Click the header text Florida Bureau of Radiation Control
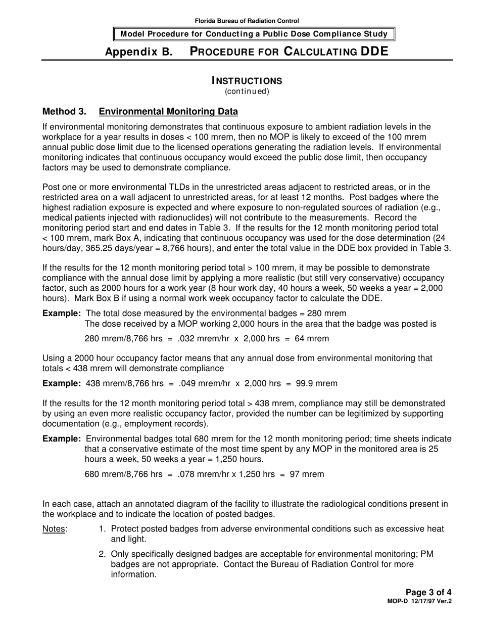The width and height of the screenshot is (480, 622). [x=247, y=21]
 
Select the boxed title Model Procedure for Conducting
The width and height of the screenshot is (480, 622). [x=253, y=34]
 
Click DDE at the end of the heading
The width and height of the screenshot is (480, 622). [x=374, y=51]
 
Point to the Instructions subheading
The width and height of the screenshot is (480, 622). [x=247, y=81]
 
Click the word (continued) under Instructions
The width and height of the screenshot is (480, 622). [x=247, y=92]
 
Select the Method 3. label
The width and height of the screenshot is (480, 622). [x=64, y=111]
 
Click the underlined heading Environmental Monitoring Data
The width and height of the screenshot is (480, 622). [x=168, y=111]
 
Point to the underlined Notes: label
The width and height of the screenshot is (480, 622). [x=55, y=529]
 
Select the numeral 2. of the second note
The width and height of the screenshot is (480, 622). [x=102, y=554]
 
